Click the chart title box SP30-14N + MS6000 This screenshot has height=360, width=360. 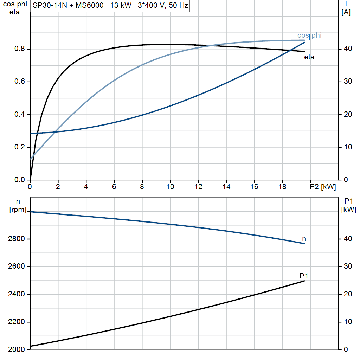[x=110, y=6]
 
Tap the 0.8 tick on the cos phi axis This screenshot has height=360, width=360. [x=19, y=49]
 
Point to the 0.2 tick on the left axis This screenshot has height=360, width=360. [x=19, y=147]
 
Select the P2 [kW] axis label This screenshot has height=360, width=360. [x=323, y=187]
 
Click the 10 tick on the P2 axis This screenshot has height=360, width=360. [x=170, y=187]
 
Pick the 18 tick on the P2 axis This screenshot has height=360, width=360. [x=282, y=187]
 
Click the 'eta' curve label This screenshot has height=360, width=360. [x=309, y=57]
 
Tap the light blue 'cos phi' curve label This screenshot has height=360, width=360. [x=309, y=36]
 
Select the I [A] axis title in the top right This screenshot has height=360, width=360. [x=346, y=8]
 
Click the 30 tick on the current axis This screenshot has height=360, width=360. [x=348, y=81]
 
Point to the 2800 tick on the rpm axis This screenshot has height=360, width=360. [x=16, y=239]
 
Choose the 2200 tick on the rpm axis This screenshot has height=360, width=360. [x=16, y=322]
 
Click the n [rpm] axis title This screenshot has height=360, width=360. [x=18, y=206]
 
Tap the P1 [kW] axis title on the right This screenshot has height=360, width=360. [x=348, y=205]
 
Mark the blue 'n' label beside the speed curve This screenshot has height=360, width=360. [x=304, y=239]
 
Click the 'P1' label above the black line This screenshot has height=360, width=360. [x=304, y=276]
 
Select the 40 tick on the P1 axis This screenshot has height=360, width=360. [x=348, y=239]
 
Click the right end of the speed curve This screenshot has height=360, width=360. [x=304, y=244]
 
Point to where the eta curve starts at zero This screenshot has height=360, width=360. [x=30, y=180]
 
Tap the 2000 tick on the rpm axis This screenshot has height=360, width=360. [x=16, y=349]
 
